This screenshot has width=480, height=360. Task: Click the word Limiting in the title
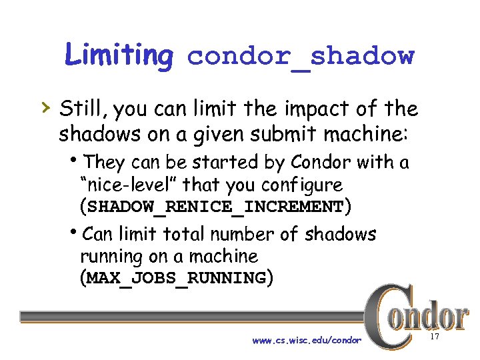[119, 55]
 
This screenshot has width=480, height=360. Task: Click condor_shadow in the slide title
[301, 57]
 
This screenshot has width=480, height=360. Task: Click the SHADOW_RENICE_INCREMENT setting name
[215, 207]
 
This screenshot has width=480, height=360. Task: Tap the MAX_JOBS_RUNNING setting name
[176, 278]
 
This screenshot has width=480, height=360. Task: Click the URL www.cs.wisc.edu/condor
[307, 341]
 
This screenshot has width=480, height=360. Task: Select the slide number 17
[435, 338]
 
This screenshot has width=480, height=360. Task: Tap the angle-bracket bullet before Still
[45, 107]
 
